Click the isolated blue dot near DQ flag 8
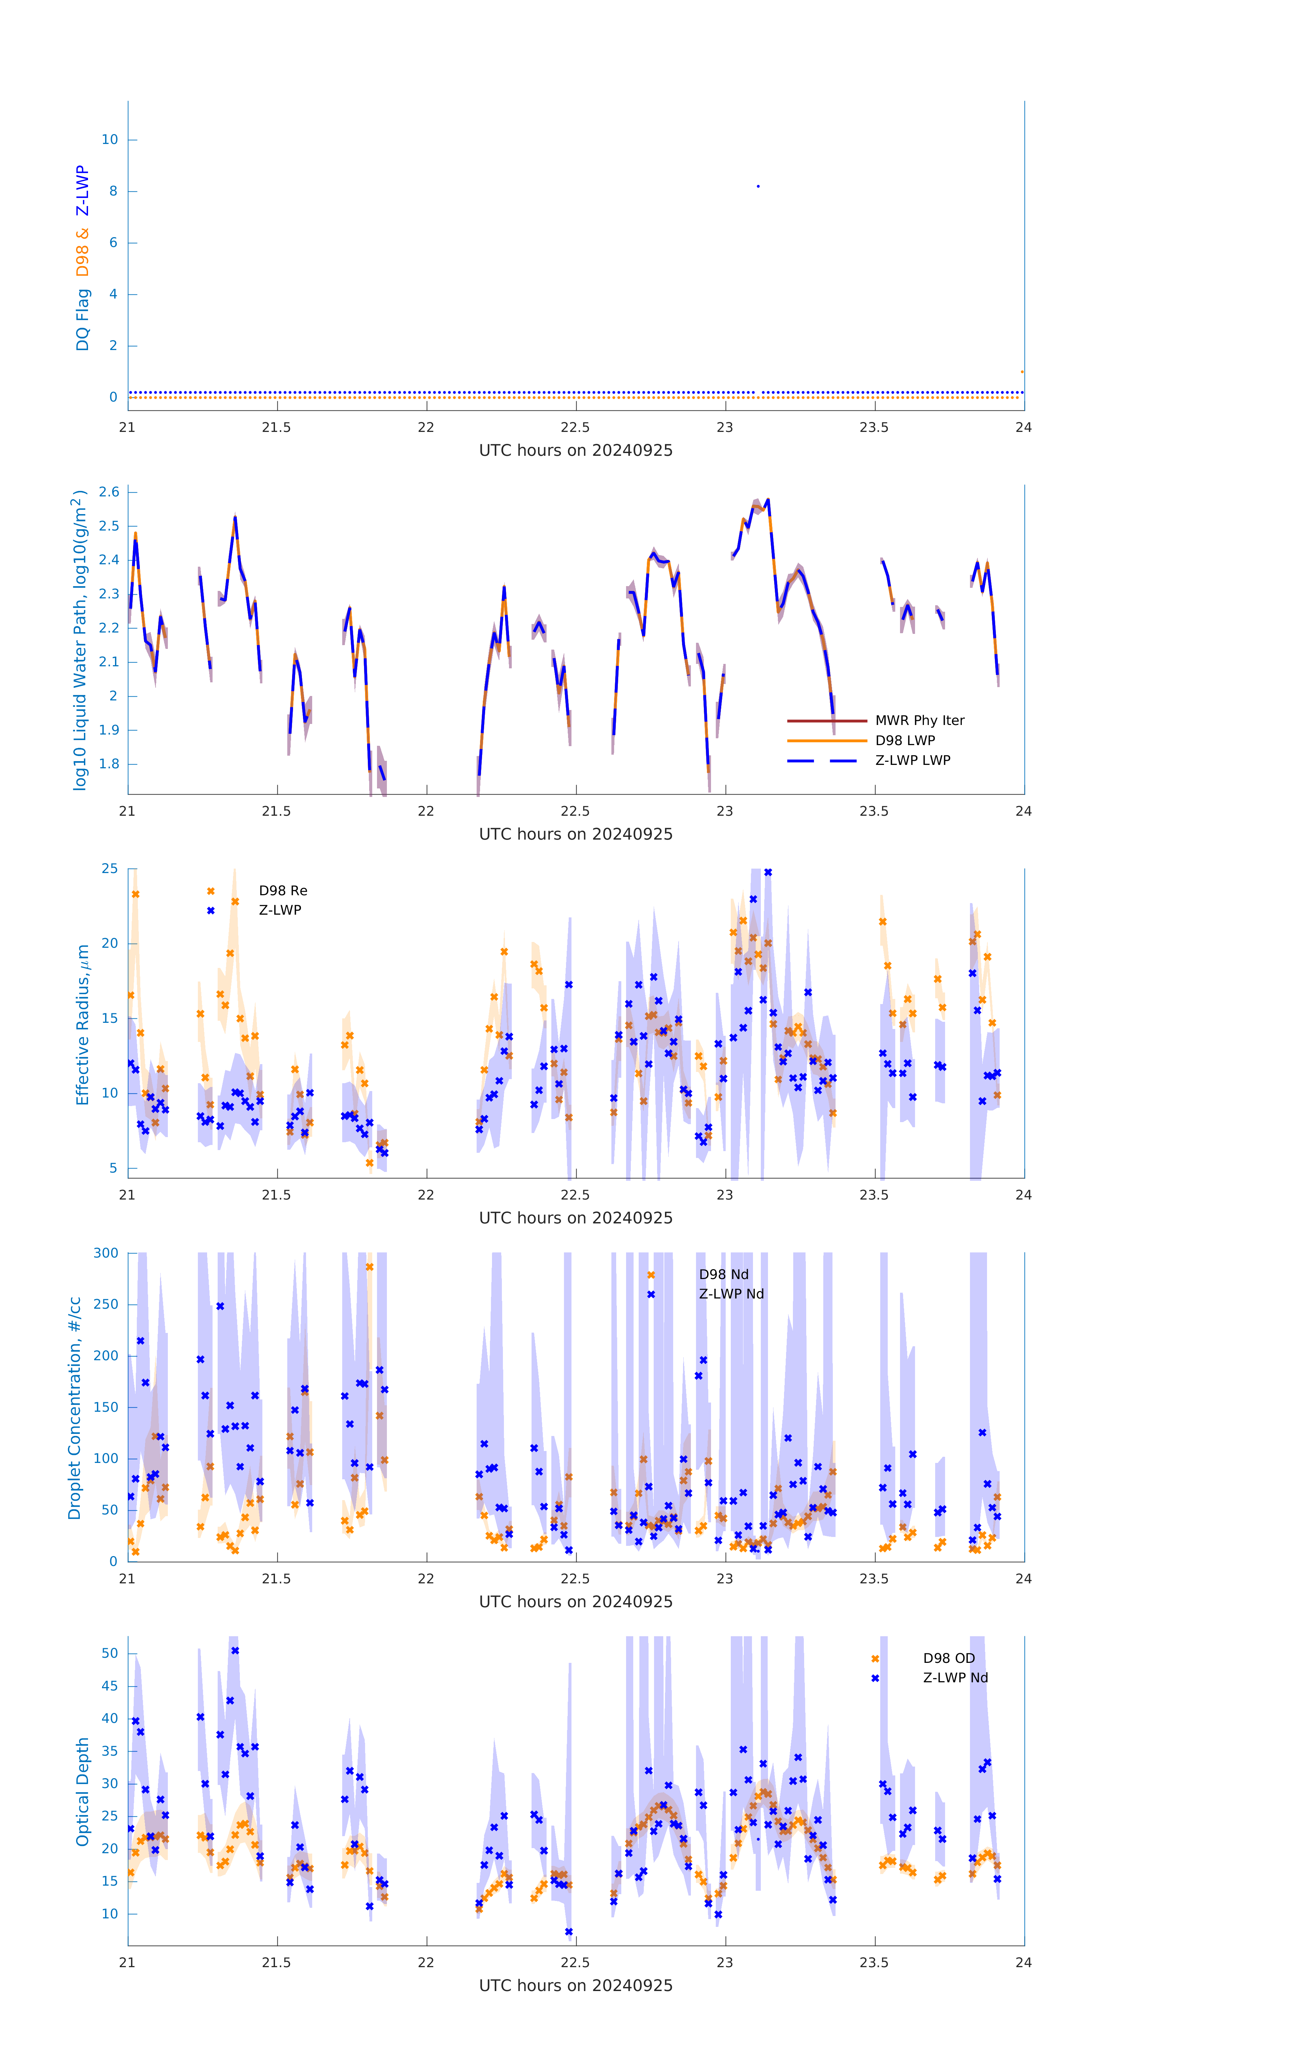coord(757,186)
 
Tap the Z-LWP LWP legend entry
coord(912,760)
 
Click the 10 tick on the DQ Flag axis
coord(110,140)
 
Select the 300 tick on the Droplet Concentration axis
coord(106,1253)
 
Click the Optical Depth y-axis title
coord(83,1791)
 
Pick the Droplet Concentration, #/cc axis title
coord(75,1408)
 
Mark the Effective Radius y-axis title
coord(83,1024)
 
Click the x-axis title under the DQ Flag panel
coord(576,451)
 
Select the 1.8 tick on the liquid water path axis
coord(109,764)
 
